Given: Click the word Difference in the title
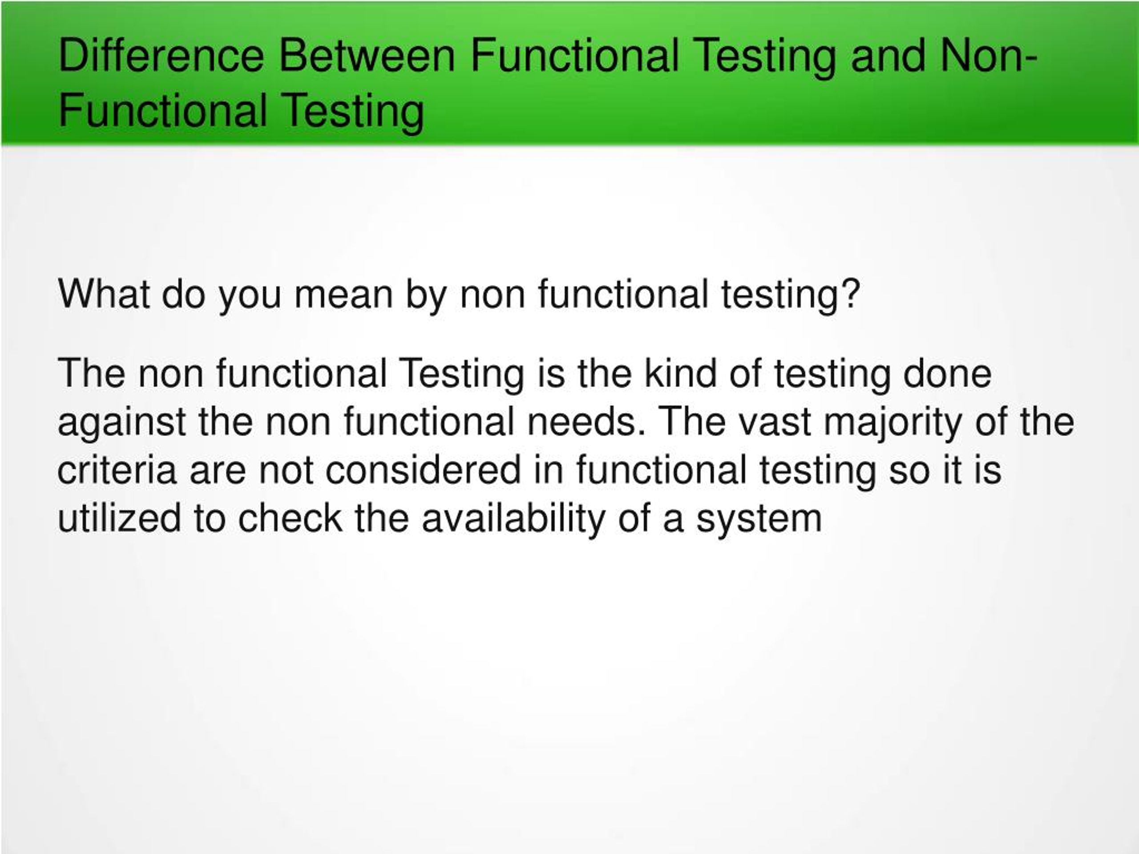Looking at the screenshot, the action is click(161, 55).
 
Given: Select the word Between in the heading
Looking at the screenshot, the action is click(367, 55).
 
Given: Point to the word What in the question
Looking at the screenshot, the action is click(104, 294).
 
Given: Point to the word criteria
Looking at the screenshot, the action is click(117, 470).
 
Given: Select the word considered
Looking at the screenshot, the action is click(424, 470).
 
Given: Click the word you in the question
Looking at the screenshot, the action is click(250, 297).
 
